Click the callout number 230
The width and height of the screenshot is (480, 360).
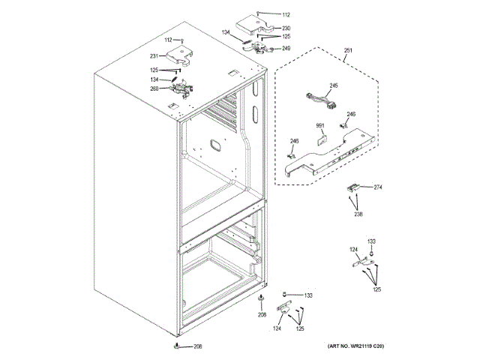point(286,28)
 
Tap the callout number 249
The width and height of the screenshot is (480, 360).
point(286,49)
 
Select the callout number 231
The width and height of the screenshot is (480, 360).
point(153,56)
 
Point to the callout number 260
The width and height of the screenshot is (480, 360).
point(154,89)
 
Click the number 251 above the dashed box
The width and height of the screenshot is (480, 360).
point(347,51)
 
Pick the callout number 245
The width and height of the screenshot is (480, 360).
point(334,85)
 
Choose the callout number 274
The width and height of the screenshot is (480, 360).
point(378,187)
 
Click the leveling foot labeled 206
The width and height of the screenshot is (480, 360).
point(178,346)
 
